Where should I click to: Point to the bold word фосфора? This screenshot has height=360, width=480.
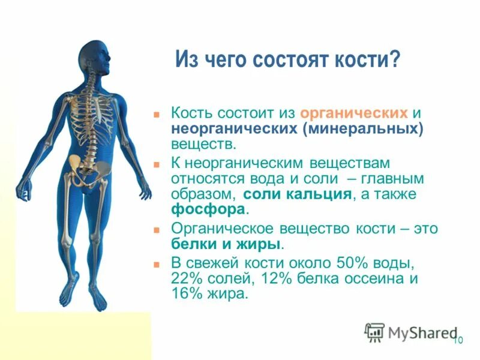pos(208,210)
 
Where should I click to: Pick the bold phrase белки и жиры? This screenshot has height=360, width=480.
pos(226,244)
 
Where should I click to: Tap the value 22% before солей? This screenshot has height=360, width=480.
pos(187,279)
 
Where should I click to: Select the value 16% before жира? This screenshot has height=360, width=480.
pos(187,295)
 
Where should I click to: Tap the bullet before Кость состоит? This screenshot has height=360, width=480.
pos(157,113)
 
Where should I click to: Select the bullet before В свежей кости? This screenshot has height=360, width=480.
pos(157,263)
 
